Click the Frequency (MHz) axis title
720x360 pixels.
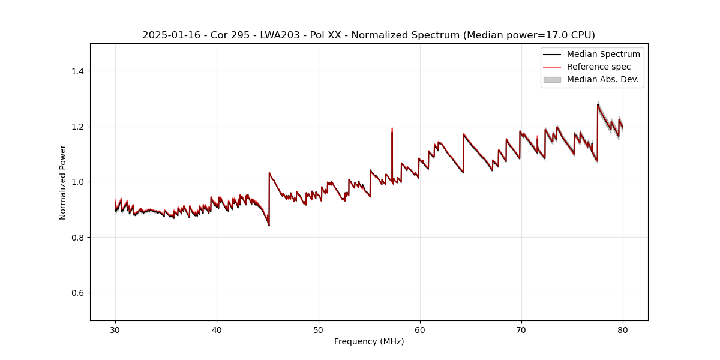tap(369, 341)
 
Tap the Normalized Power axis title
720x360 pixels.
tap(63, 182)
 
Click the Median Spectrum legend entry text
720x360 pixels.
tap(603, 54)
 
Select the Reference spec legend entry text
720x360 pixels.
tap(598, 67)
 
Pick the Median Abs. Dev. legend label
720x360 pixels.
tap(602, 79)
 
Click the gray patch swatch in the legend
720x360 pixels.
tap(552, 79)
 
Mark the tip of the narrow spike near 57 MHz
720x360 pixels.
tap(392, 128)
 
